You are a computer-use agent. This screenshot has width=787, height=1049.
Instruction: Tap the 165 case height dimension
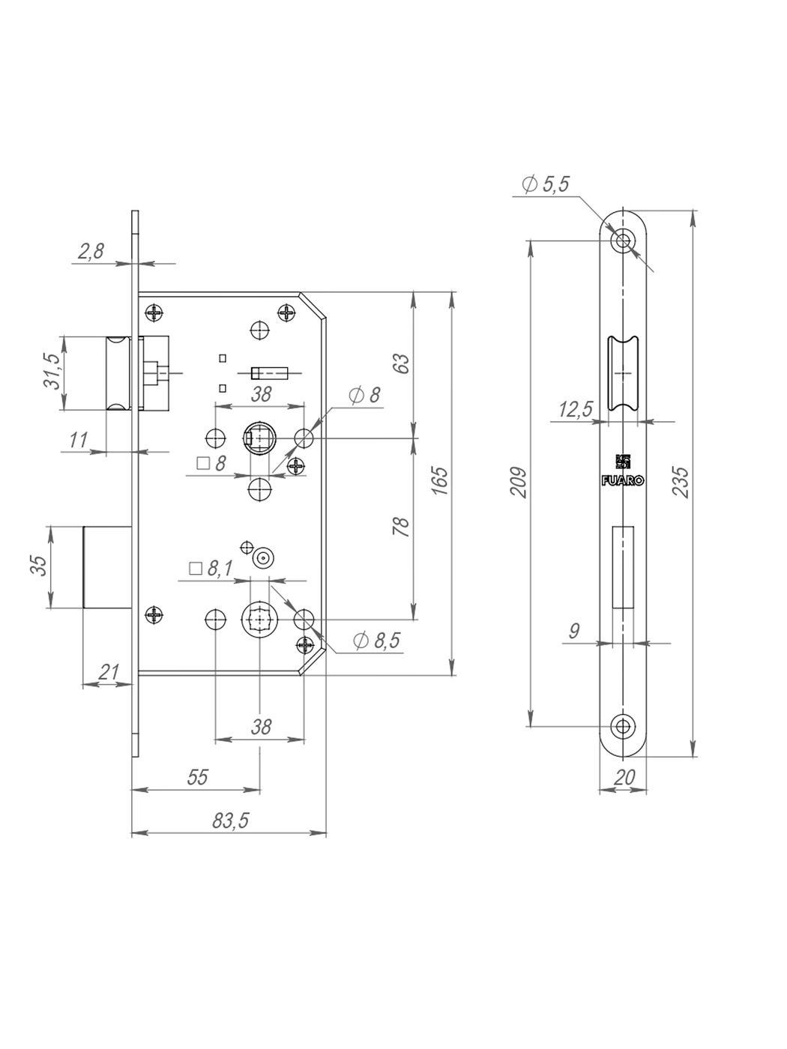click(x=440, y=480)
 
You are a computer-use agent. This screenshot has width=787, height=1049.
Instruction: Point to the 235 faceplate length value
click(x=681, y=483)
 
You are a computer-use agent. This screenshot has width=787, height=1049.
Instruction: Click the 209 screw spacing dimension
click(x=519, y=483)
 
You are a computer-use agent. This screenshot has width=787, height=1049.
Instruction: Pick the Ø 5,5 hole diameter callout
click(x=546, y=184)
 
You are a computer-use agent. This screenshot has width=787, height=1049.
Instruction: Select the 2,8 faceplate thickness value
click(x=91, y=251)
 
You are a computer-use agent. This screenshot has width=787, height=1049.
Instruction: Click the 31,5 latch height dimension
click(x=52, y=372)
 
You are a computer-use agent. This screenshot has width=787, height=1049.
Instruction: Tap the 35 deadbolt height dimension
click(x=40, y=566)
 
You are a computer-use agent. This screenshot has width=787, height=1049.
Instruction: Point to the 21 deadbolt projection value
click(x=109, y=672)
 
